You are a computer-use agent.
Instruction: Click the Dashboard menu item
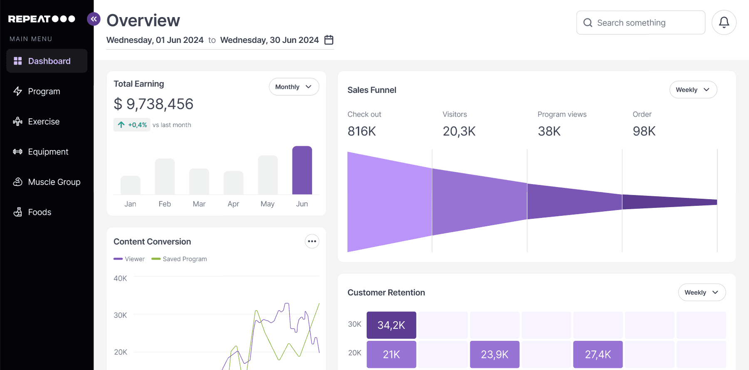tap(47, 61)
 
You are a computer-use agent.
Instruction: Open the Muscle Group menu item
tap(47, 182)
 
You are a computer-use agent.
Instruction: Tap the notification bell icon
tap(724, 22)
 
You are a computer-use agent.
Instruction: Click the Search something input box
tap(641, 22)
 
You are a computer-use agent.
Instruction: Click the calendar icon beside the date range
tap(329, 40)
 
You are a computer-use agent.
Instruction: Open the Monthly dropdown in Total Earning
tap(294, 87)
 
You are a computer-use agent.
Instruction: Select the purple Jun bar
tap(302, 170)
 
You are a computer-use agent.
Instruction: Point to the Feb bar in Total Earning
tap(165, 176)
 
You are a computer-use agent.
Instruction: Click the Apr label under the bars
tap(233, 204)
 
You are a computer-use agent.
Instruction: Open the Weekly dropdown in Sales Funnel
tap(693, 90)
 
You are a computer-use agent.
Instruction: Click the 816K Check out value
tap(362, 131)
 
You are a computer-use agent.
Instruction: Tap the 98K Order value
tap(644, 131)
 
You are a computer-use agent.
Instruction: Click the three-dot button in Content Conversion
tap(312, 241)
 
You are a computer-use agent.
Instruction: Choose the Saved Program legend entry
tap(179, 259)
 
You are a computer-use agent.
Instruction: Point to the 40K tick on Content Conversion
tap(120, 278)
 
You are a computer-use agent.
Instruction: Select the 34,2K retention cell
tap(391, 325)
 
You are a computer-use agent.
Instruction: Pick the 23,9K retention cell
tap(495, 354)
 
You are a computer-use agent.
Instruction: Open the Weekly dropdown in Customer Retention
tap(702, 292)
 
